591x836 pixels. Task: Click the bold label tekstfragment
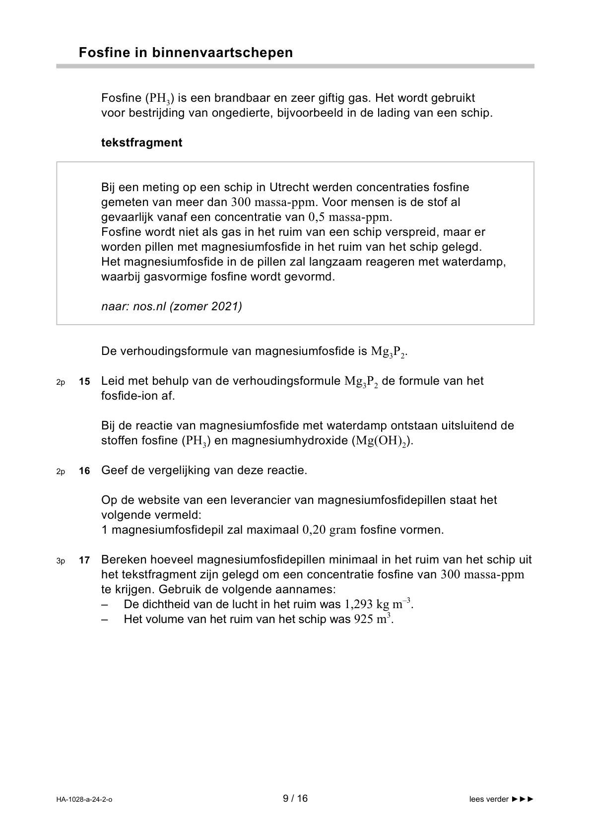pyautogui.click(x=141, y=142)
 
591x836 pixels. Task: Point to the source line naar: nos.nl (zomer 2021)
pyautogui.click(x=172, y=306)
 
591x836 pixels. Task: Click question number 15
pyautogui.click(x=84, y=382)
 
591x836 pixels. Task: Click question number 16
pyautogui.click(x=84, y=471)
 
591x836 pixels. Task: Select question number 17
pyautogui.click(x=84, y=560)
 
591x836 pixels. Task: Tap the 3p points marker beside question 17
pyautogui.click(x=61, y=561)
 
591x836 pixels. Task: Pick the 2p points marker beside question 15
pyautogui.click(x=61, y=382)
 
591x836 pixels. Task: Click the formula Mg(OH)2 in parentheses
pyautogui.click(x=381, y=441)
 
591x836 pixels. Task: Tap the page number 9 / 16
pyautogui.click(x=295, y=798)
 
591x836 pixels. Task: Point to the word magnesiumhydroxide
pyautogui.click(x=290, y=440)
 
